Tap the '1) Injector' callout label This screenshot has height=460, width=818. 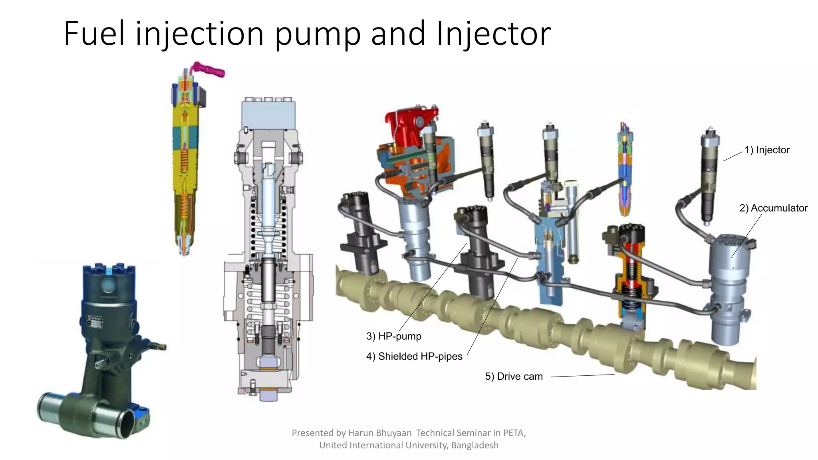767,150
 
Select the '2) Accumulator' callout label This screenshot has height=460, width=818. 773,208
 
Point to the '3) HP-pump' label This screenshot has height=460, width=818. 394,336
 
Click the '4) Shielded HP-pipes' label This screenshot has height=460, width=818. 414,356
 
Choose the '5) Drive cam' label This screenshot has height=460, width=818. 514,377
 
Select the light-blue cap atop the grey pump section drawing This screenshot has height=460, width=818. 268,114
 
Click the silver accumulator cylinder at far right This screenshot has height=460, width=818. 729,287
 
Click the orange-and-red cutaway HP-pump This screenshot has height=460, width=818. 631,280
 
